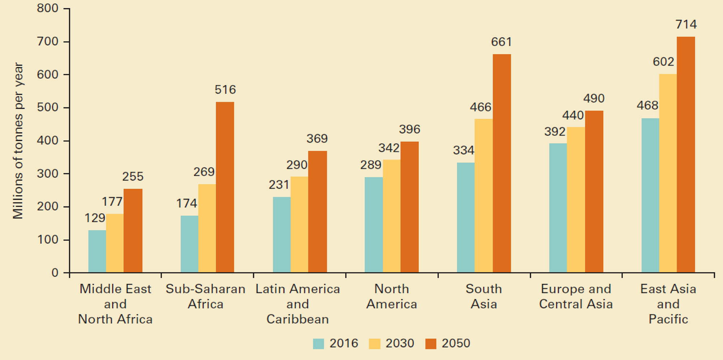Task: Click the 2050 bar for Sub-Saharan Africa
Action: pos(225,187)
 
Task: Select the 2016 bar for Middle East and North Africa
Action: pos(97,251)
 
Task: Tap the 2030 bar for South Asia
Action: pos(483,196)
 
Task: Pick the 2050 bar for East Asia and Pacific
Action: pos(686,155)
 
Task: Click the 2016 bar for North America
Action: pos(373,224)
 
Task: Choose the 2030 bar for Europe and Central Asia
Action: pos(576,200)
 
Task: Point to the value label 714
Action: pos(686,25)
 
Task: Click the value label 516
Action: pos(225,90)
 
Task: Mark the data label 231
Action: pos(279,185)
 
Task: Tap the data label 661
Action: pos(501,42)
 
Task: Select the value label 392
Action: pos(555,132)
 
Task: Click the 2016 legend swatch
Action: pos(318,343)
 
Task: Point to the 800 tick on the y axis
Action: pos(47,8)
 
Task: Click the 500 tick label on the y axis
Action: pos(47,107)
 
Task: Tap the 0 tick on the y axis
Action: pos(55,273)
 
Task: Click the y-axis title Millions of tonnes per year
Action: pos(18,141)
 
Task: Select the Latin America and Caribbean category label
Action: pos(298,304)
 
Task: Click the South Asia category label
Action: pos(483,296)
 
